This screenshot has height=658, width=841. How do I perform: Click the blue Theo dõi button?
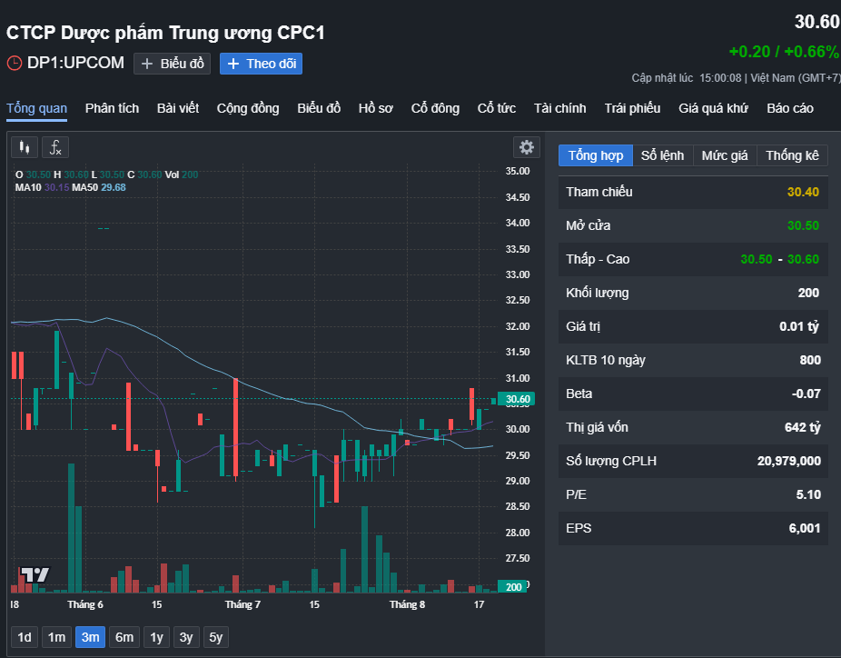pyautogui.click(x=261, y=64)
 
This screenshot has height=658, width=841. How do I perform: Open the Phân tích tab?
pyautogui.click(x=112, y=108)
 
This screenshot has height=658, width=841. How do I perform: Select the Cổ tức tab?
pyautogui.click(x=497, y=108)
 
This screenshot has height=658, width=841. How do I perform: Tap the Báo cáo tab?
pyautogui.click(x=790, y=108)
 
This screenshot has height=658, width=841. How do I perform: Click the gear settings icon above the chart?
pyautogui.click(x=527, y=147)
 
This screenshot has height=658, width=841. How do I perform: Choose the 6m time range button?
pyautogui.click(x=124, y=637)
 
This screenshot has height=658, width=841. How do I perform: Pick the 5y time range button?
pyautogui.click(x=215, y=637)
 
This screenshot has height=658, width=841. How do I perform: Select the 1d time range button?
pyautogui.click(x=25, y=637)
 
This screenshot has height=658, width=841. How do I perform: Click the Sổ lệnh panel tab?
pyautogui.click(x=662, y=155)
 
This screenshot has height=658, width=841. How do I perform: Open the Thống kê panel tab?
pyautogui.click(x=792, y=155)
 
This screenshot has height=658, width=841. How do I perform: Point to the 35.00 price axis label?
pyautogui.click(x=518, y=171)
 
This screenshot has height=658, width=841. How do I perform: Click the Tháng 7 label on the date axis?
pyautogui.click(x=242, y=605)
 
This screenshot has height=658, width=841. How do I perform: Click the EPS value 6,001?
pyautogui.click(x=805, y=529)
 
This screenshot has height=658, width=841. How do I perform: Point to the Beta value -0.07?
pyautogui.click(x=806, y=394)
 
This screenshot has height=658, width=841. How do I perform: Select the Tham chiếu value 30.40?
pyautogui.click(x=803, y=192)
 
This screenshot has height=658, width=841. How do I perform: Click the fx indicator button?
pyautogui.click(x=55, y=147)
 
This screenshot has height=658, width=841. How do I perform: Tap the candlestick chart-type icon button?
pyautogui.click(x=25, y=147)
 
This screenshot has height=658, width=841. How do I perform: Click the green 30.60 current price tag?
pyautogui.click(x=516, y=399)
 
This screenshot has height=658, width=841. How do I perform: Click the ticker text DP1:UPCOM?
pyautogui.click(x=75, y=63)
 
